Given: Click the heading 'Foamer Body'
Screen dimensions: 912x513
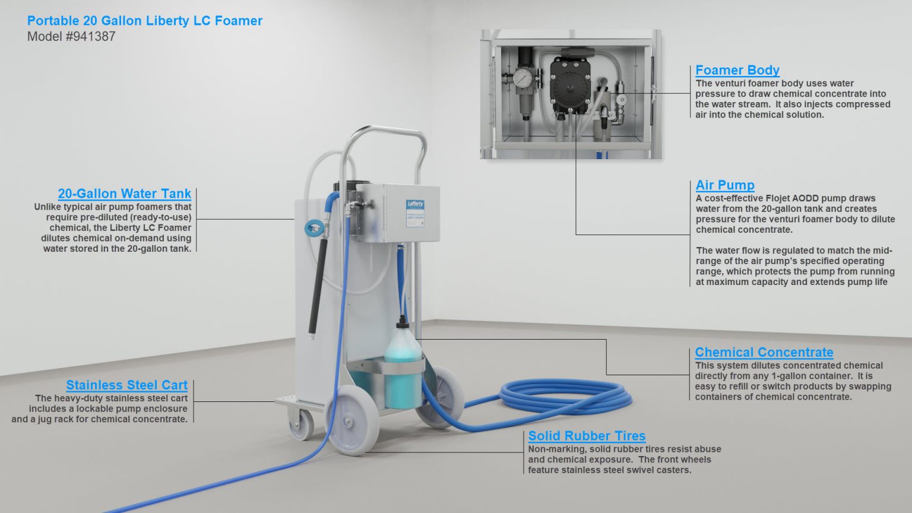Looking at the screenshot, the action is click(x=737, y=71).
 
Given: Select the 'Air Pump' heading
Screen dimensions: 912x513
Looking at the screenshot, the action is click(x=725, y=185).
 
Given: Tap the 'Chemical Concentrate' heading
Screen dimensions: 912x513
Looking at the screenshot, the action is click(x=764, y=352).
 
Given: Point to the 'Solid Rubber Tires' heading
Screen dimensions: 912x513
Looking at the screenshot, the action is click(x=587, y=436).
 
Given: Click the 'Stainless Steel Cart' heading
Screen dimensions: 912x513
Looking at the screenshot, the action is click(x=126, y=385).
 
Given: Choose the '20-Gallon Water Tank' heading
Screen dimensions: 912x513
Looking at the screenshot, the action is click(x=124, y=194).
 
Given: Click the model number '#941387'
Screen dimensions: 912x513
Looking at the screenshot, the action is click(x=90, y=37).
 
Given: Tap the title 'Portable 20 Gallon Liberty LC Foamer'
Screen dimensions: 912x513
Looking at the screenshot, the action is click(x=144, y=21).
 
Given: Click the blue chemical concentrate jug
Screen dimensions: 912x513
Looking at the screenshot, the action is click(x=403, y=366).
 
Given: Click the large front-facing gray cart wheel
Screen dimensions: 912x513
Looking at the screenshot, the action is click(x=351, y=420).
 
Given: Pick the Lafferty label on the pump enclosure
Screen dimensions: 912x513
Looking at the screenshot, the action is click(x=415, y=213).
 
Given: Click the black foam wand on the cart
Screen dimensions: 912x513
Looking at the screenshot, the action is click(x=318, y=287).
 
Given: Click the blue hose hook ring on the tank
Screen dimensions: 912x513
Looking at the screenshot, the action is click(x=314, y=229).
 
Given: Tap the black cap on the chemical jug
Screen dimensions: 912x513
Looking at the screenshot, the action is click(x=403, y=322).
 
